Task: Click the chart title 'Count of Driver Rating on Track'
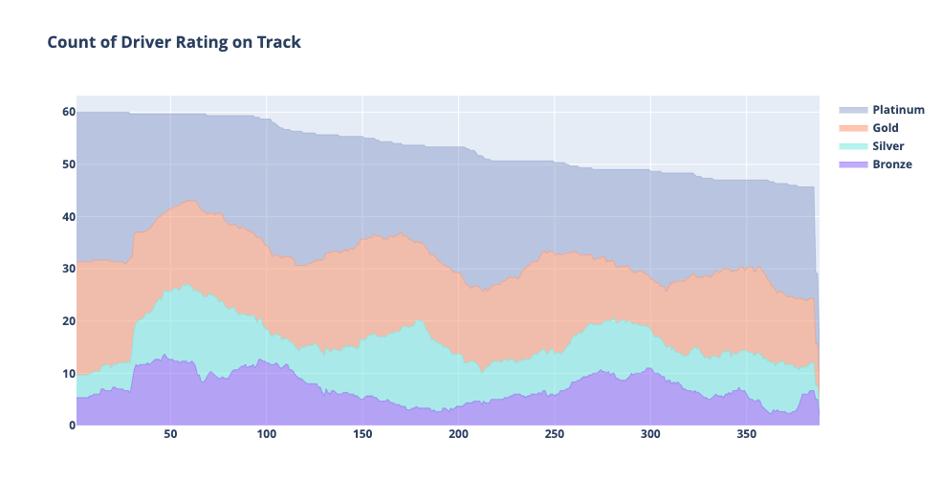point(174,42)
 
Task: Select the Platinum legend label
point(898,110)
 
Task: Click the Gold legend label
point(885,128)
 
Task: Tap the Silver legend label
point(887,146)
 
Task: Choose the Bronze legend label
point(891,164)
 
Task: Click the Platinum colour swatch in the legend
point(853,110)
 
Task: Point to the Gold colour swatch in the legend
point(853,128)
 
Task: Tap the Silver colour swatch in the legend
point(853,146)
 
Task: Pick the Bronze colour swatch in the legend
point(853,164)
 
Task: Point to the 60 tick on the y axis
point(68,112)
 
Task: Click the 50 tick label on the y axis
point(68,164)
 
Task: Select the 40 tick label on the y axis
point(68,217)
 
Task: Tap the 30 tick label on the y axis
point(68,269)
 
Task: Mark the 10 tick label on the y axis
point(68,373)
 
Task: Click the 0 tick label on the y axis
point(71,426)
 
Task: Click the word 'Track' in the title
point(278,42)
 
